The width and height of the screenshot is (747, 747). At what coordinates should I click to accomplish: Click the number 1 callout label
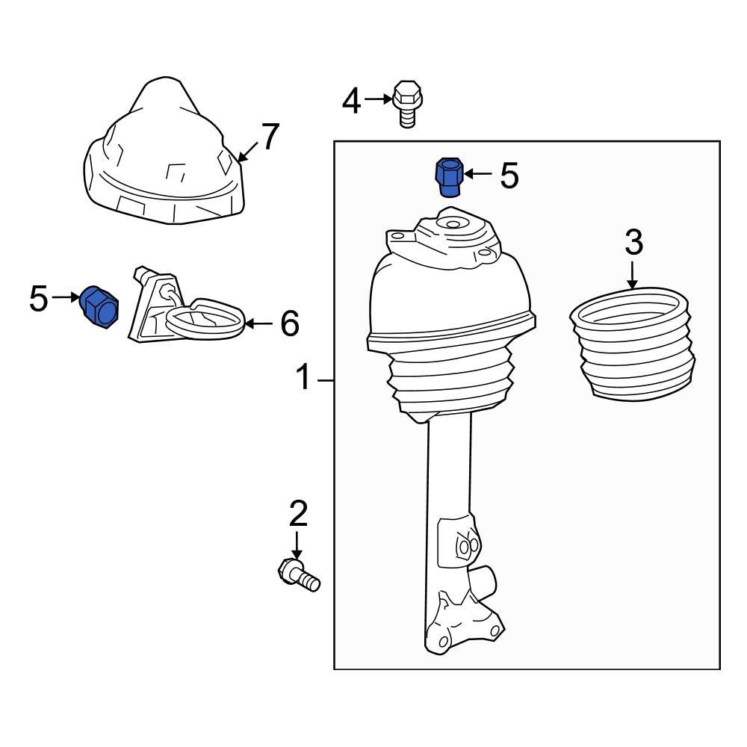tap(303, 379)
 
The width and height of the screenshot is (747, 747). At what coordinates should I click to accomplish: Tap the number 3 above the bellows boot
tap(633, 243)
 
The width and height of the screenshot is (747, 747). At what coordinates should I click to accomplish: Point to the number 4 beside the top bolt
tap(352, 101)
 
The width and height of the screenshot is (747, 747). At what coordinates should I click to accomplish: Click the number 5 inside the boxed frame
tap(509, 176)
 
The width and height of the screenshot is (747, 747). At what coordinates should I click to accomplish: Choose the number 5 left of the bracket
tap(39, 300)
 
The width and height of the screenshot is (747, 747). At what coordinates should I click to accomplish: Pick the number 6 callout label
tap(289, 324)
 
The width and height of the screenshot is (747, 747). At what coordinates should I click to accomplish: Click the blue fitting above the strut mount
tap(448, 176)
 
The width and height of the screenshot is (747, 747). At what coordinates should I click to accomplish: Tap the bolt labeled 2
tap(297, 576)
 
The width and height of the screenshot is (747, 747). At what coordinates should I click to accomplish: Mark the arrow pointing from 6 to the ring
tap(260, 323)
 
